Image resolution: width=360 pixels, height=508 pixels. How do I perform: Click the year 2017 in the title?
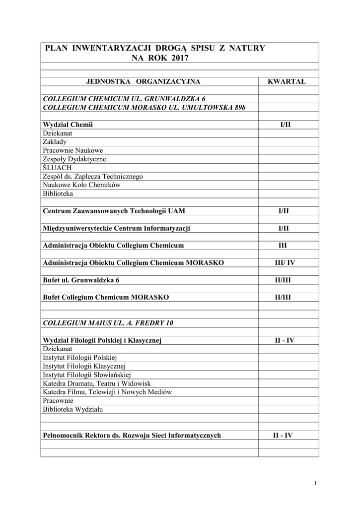pyautogui.click(x=180, y=58)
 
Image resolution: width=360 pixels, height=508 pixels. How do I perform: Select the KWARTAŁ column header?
pyautogui.click(x=287, y=81)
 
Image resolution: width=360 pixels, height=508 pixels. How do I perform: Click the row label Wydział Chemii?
pyautogui.click(x=68, y=125)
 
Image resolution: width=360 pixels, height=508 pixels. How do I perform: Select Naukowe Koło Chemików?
pyautogui.click(x=81, y=185)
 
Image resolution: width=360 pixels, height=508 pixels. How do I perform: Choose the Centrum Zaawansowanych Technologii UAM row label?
pyautogui.click(x=114, y=211)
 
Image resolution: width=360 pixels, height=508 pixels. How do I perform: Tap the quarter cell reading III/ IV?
pyautogui.click(x=285, y=262)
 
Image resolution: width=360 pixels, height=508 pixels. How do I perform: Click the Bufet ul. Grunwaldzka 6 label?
pyautogui.click(x=81, y=280)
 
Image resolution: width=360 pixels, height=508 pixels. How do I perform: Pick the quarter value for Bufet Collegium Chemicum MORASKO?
pyautogui.click(x=283, y=297)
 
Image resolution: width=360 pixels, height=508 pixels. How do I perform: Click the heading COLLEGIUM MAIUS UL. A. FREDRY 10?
pyautogui.click(x=108, y=323)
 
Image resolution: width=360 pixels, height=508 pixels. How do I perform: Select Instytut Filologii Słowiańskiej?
pyautogui.click(x=87, y=375)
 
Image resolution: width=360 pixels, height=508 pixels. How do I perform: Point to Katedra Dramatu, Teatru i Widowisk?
pyautogui.click(x=96, y=383)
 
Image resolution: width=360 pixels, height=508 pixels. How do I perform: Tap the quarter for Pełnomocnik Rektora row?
pyautogui.click(x=283, y=436)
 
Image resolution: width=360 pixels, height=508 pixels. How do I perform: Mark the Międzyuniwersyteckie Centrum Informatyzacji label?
pyautogui.click(x=117, y=228)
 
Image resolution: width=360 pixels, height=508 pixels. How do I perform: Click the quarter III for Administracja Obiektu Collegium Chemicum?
pyautogui.click(x=283, y=246)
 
